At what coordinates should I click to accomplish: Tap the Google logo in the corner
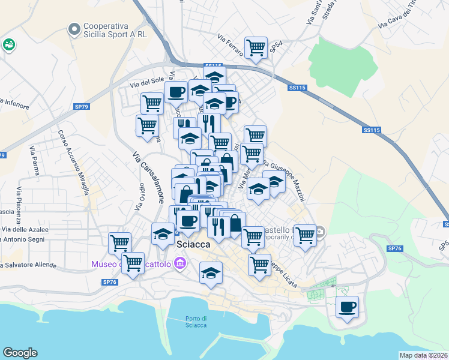(x=20, y=353)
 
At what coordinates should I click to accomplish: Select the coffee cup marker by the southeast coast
(x=347, y=307)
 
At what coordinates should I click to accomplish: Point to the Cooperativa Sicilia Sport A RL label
(x=115, y=30)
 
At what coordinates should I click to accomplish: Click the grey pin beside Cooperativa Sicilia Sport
(x=74, y=29)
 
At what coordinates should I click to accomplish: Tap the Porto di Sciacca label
(x=196, y=322)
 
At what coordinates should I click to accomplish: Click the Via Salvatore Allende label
(x=28, y=265)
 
